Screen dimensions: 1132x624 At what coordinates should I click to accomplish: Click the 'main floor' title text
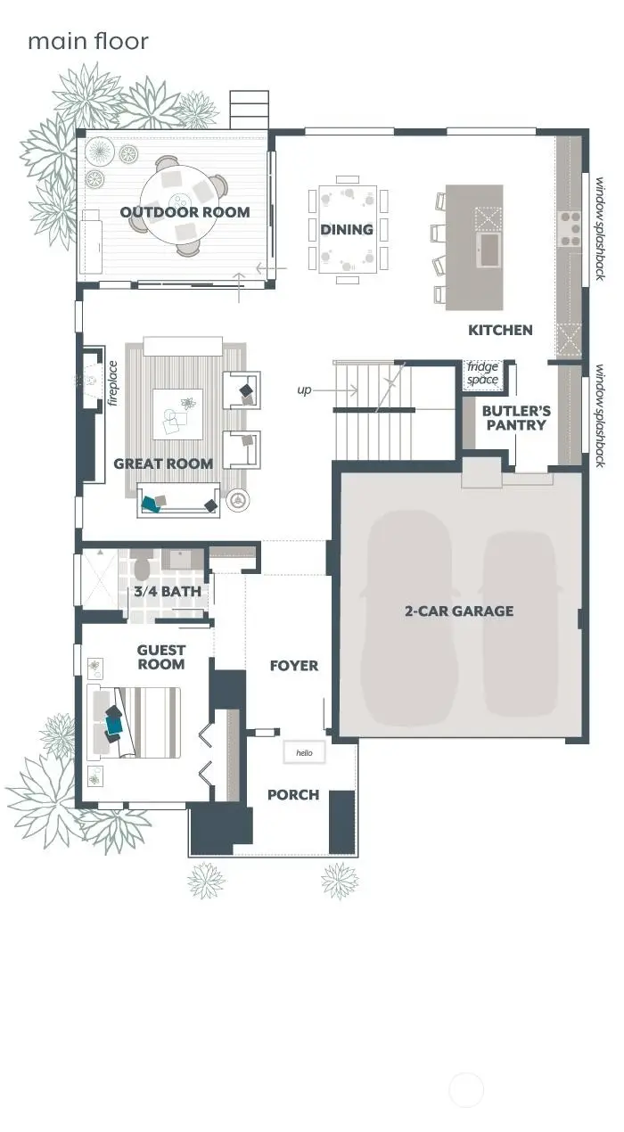point(88,41)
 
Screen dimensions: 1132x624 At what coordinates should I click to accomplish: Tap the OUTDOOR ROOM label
point(185,212)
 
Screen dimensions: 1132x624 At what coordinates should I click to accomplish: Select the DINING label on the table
point(347,230)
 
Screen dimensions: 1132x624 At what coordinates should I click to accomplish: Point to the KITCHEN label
point(500,330)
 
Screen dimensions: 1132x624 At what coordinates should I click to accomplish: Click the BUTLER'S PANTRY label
point(516,418)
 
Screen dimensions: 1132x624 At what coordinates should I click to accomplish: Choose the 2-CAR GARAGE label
point(458,611)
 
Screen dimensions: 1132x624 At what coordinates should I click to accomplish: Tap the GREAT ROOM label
point(163,463)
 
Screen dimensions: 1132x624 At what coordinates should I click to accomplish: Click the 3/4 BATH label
point(168,591)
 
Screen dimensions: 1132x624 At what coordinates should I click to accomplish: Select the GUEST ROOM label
point(161,657)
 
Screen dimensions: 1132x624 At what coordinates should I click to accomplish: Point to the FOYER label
point(294,666)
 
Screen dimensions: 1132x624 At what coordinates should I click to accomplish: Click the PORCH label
point(293,794)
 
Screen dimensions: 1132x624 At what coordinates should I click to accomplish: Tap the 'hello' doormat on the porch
point(304,753)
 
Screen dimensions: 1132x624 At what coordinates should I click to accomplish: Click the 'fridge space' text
point(483,373)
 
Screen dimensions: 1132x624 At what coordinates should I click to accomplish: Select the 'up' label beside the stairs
point(305,390)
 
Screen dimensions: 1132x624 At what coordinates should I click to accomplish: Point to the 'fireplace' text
point(113,383)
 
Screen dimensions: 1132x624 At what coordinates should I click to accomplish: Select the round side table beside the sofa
point(238,502)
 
